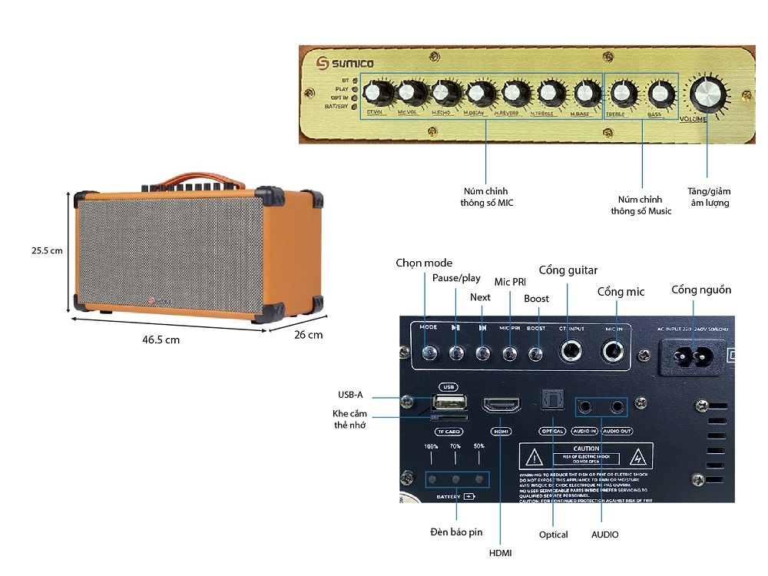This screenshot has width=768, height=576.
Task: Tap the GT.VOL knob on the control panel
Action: tap(378, 94)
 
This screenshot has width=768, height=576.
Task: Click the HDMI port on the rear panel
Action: tap(501, 406)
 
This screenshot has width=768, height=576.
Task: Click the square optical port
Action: tap(552, 398)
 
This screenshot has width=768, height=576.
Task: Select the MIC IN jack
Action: tap(614, 353)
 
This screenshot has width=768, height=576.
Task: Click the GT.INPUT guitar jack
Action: tap(571, 353)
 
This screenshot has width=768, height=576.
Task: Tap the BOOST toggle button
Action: tap(536, 354)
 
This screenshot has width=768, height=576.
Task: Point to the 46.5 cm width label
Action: tap(160, 339)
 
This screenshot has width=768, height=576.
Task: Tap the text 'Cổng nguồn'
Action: tap(701, 290)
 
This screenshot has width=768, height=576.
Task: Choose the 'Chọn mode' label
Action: tap(424, 263)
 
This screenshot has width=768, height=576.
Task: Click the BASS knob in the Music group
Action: tap(660, 94)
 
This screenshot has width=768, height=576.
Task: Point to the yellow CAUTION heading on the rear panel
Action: tap(586, 449)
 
